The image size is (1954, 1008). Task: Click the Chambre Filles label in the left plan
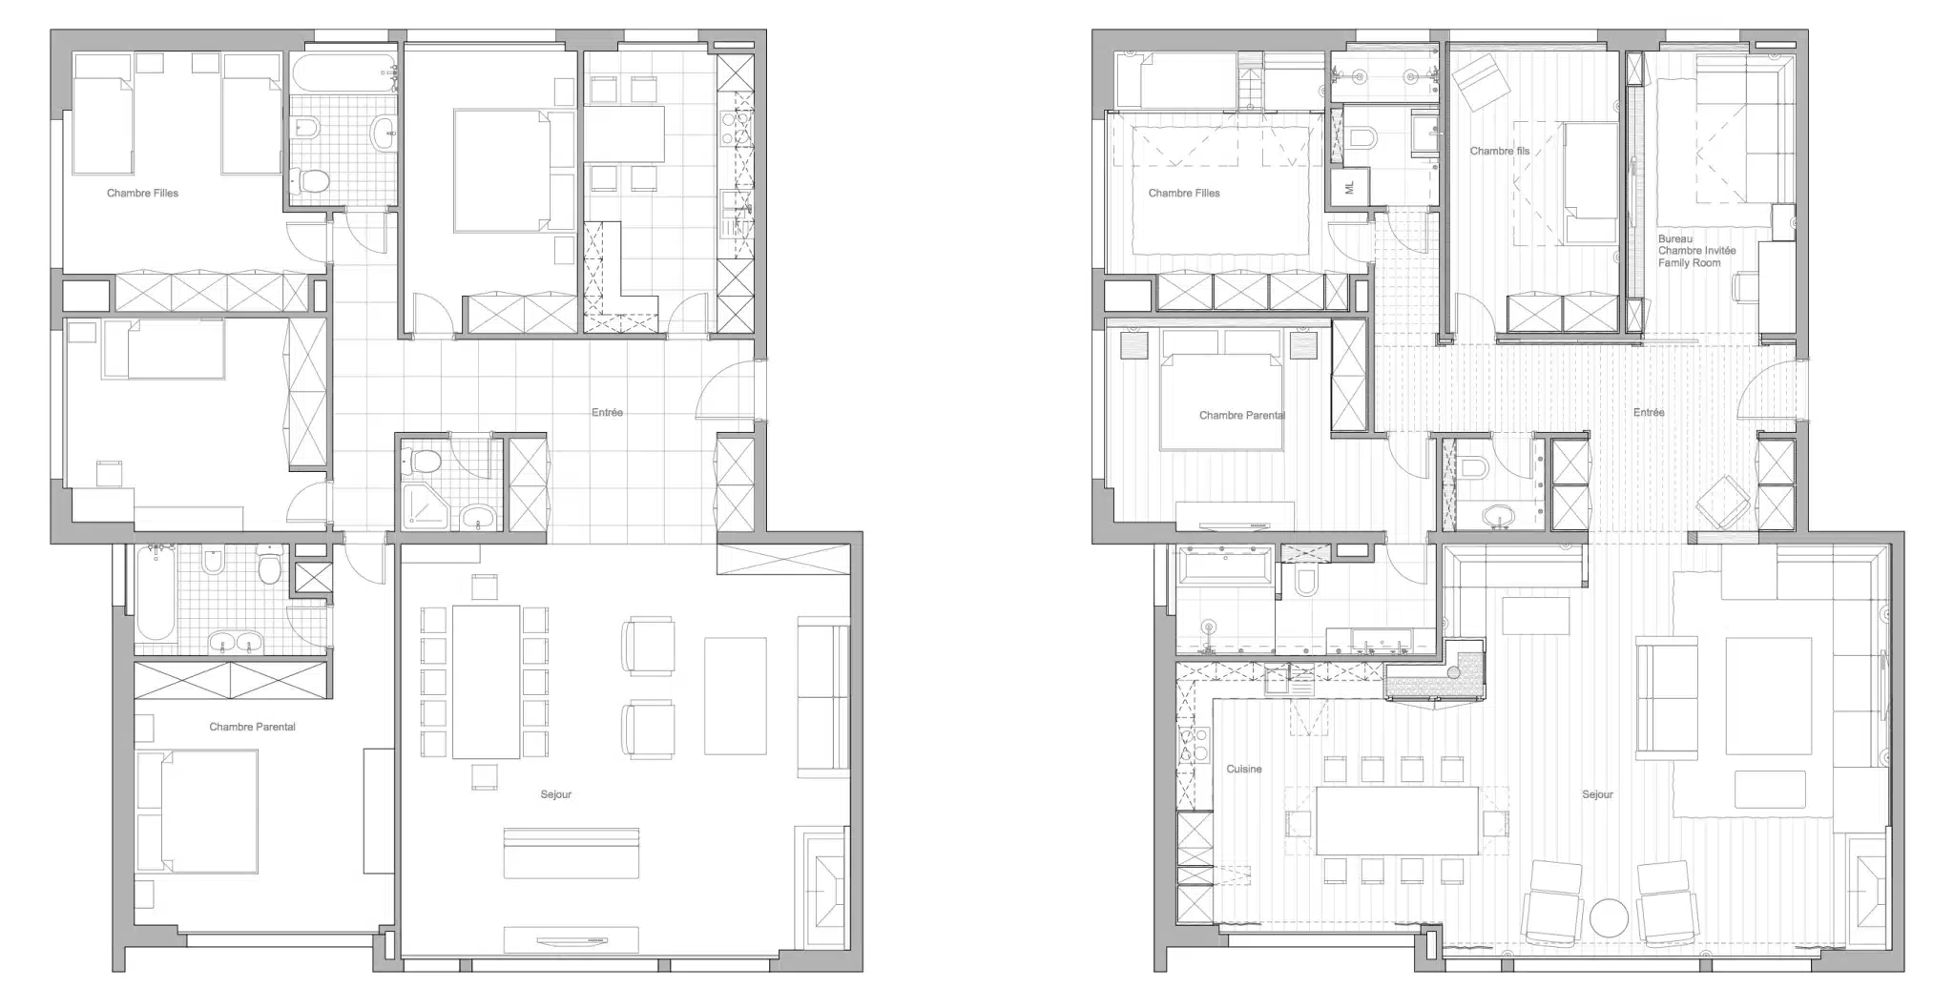click(142, 193)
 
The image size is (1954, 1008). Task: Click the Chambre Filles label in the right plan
click(1184, 193)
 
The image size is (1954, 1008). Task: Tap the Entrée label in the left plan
click(607, 413)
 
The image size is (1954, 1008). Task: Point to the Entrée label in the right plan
click(1649, 413)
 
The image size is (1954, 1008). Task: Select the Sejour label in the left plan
click(556, 794)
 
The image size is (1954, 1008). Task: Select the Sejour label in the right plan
click(1598, 794)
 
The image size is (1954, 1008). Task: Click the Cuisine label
click(1244, 769)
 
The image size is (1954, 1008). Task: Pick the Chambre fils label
click(1500, 151)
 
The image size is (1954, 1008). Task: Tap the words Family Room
click(1690, 263)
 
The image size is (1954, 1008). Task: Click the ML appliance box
click(1350, 187)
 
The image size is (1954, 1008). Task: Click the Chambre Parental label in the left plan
click(253, 727)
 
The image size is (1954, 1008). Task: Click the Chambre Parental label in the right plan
click(1242, 415)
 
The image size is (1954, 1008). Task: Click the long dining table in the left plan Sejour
click(486, 681)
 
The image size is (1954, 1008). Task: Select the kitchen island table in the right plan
click(1397, 820)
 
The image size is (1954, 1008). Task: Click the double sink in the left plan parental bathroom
click(236, 642)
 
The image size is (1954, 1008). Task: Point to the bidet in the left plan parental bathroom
click(213, 561)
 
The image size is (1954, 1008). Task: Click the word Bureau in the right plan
click(1675, 239)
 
